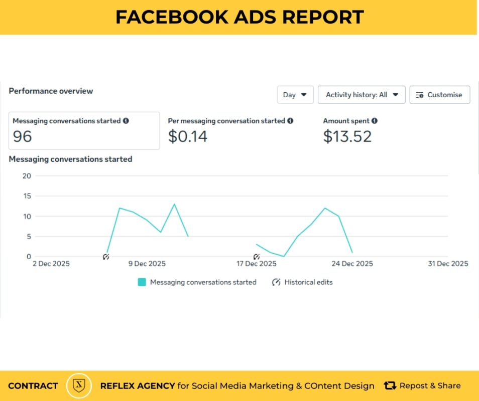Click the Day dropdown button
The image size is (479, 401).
tap(295, 95)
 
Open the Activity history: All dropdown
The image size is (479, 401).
tap(362, 95)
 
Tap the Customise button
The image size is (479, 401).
tap(439, 95)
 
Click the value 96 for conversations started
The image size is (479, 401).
tap(23, 136)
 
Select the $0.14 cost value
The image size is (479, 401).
tap(187, 136)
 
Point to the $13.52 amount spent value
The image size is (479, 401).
tap(347, 136)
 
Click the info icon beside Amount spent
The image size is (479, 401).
tap(375, 121)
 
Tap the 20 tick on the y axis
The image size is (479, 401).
tap(27, 176)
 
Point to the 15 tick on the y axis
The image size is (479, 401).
tap(27, 196)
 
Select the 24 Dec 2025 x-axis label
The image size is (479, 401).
tap(353, 264)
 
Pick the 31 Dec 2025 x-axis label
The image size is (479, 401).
tap(448, 264)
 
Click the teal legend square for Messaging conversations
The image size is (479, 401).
tap(142, 282)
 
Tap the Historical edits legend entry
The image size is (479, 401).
tap(303, 282)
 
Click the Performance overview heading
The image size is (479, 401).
tap(51, 91)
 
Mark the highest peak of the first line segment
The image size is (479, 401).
tap(174, 204)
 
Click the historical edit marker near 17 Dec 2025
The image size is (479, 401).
tap(257, 257)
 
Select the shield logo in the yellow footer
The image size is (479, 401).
tap(79, 385)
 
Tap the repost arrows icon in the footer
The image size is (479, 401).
tap(390, 385)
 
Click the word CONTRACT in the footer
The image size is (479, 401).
tap(33, 386)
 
